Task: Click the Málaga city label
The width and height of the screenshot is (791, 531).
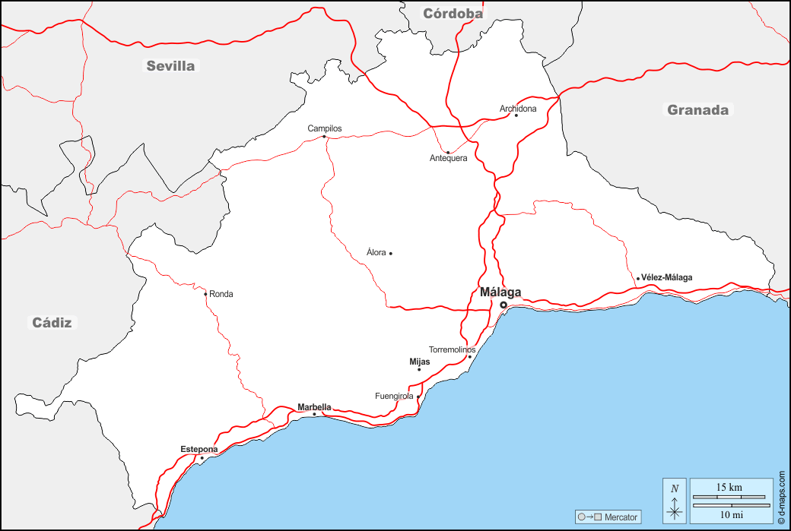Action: coord(500,292)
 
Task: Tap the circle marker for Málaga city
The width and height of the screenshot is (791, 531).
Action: coord(503,305)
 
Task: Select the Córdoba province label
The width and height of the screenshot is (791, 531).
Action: coord(453,13)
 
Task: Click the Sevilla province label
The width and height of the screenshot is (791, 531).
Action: coord(170,66)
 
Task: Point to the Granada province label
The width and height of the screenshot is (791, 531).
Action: coord(697,110)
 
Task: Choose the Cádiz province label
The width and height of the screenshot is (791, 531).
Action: coord(52,323)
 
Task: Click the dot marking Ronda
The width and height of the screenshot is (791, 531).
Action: coord(205,294)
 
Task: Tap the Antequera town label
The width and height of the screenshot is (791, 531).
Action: coord(448,158)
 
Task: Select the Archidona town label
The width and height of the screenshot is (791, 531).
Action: coord(518,109)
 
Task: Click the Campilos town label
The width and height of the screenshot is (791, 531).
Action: coord(325,128)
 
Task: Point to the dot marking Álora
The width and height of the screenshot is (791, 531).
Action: coord(391,253)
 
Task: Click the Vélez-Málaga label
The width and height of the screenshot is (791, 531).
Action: coord(667,277)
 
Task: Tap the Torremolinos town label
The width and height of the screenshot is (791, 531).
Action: coord(452,349)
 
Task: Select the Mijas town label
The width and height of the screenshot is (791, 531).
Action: coord(420,362)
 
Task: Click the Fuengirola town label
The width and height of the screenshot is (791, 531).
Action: coord(394,396)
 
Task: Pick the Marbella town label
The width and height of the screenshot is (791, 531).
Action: coord(314,407)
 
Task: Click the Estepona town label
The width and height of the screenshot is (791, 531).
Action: coord(199,449)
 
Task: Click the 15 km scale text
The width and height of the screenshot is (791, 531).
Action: coord(729,487)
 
